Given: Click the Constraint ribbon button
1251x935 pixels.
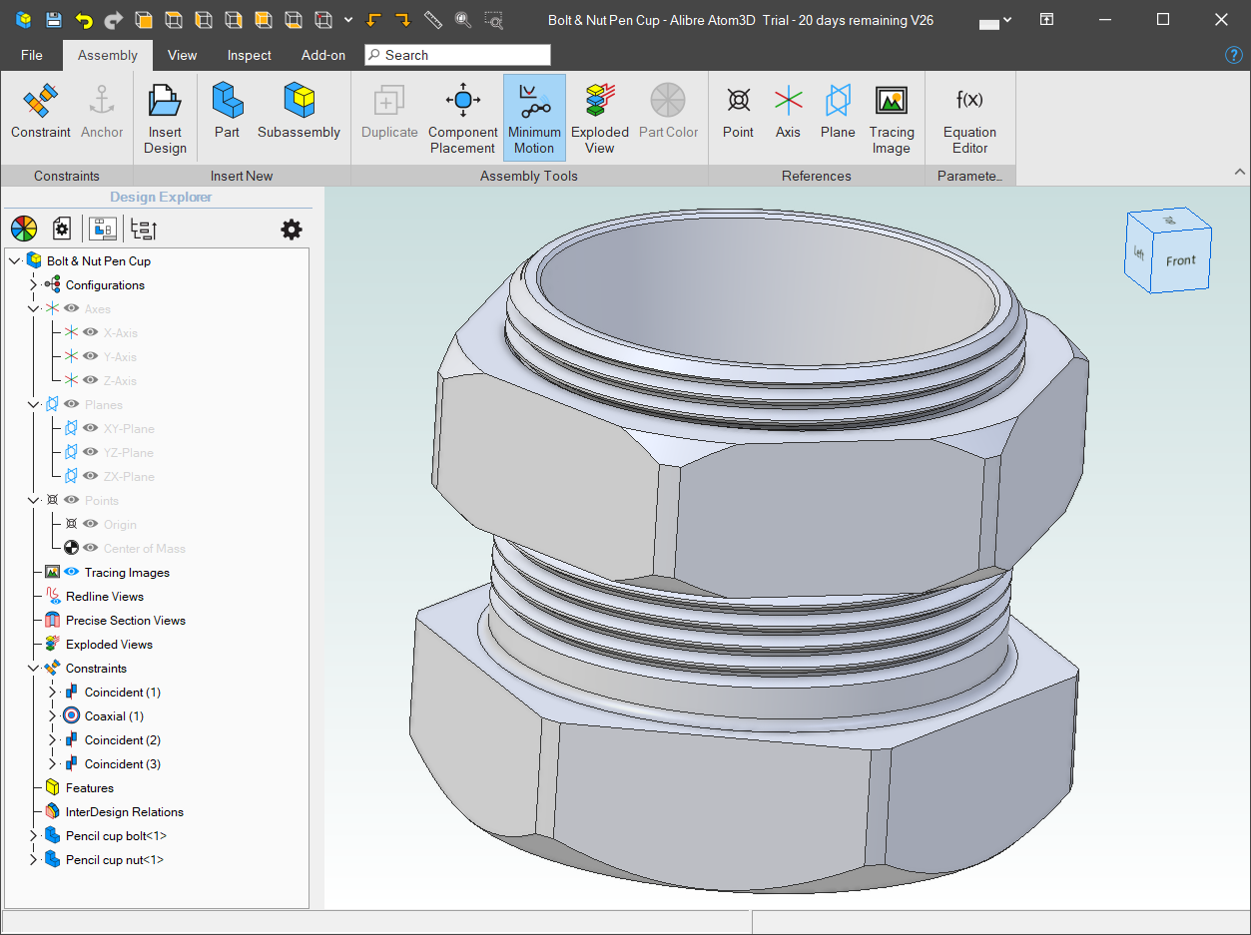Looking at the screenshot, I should pyautogui.click(x=41, y=112).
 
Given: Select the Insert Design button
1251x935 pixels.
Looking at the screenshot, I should pyautogui.click(x=165, y=118).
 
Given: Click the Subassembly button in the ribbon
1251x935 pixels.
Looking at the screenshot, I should pyautogui.click(x=299, y=112).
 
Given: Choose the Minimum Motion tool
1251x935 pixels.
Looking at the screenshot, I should pyautogui.click(x=534, y=118).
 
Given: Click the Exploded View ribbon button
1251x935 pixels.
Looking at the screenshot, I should pyautogui.click(x=599, y=118).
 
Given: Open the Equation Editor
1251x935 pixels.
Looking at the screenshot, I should pyautogui.click(x=969, y=118).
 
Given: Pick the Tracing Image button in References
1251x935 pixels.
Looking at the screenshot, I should pyautogui.click(x=891, y=118).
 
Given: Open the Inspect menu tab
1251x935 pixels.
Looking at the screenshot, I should pyautogui.click(x=249, y=55).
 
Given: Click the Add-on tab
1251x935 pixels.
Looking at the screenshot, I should pyautogui.click(x=323, y=55).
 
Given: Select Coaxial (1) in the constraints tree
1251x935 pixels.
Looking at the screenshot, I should pyautogui.click(x=114, y=716).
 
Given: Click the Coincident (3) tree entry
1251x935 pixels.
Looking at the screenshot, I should pyautogui.click(x=122, y=764).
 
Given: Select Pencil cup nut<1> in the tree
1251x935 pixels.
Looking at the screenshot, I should pyautogui.click(x=115, y=860).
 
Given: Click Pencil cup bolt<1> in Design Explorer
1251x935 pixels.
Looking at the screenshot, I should pyautogui.click(x=116, y=836).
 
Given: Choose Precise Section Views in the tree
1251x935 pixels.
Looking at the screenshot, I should pyautogui.click(x=126, y=621).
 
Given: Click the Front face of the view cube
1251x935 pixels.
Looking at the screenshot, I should pyautogui.click(x=1179, y=261).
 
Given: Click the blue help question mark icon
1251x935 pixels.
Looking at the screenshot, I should pyautogui.click(x=1234, y=55).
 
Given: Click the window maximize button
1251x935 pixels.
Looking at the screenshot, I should pyautogui.click(x=1163, y=20).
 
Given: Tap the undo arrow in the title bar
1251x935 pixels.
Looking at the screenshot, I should pyautogui.click(x=84, y=20).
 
